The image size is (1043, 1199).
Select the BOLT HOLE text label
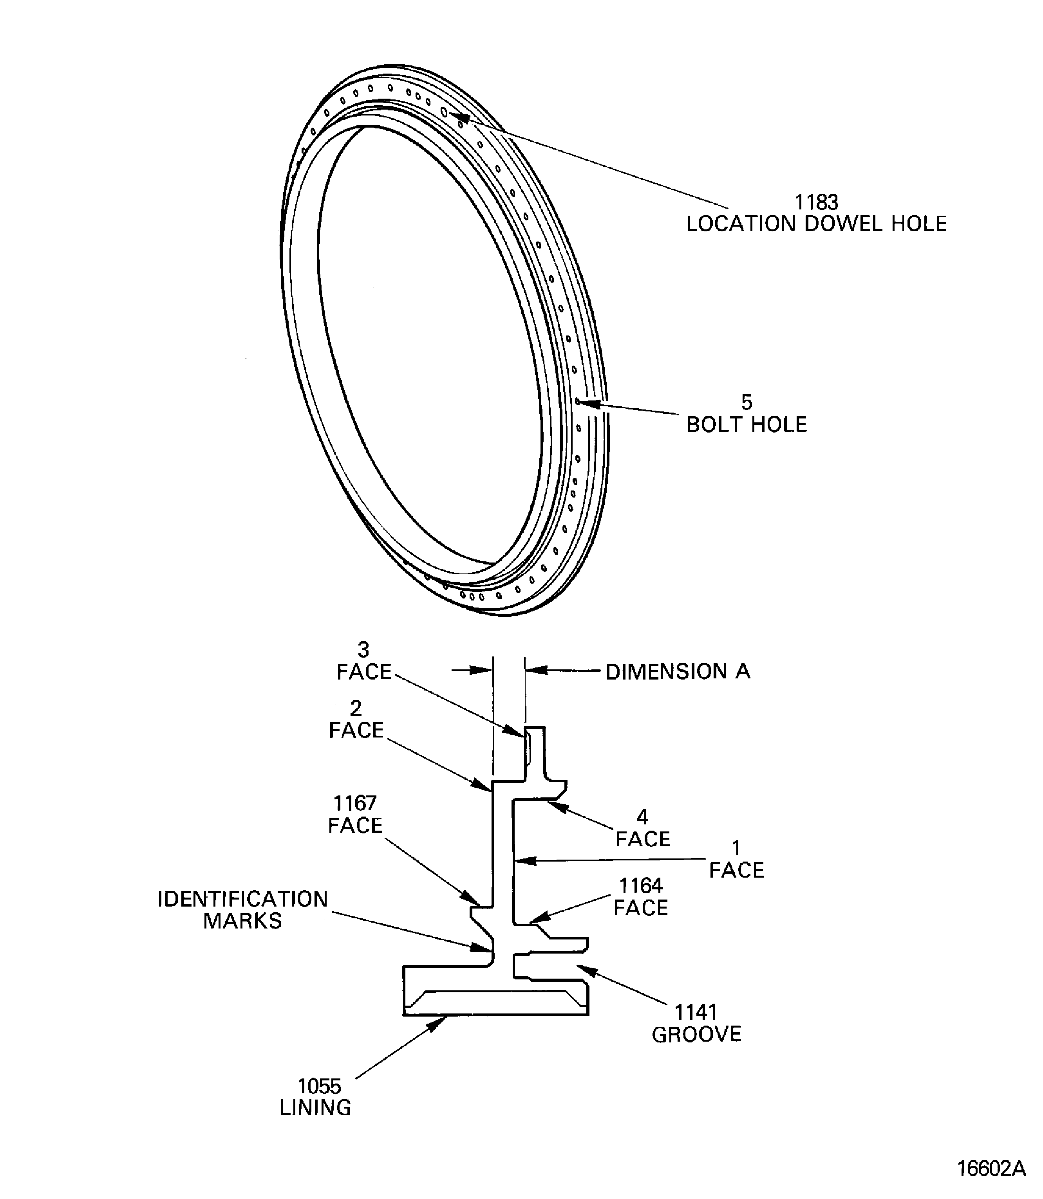tap(747, 425)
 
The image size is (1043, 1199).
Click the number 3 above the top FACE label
tap(363, 649)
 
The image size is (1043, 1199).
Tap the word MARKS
tap(243, 921)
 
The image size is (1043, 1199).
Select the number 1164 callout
tap(640, 885)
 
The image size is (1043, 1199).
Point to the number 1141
tap(696, 1012)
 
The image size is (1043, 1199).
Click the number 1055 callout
tap(320, 1086)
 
